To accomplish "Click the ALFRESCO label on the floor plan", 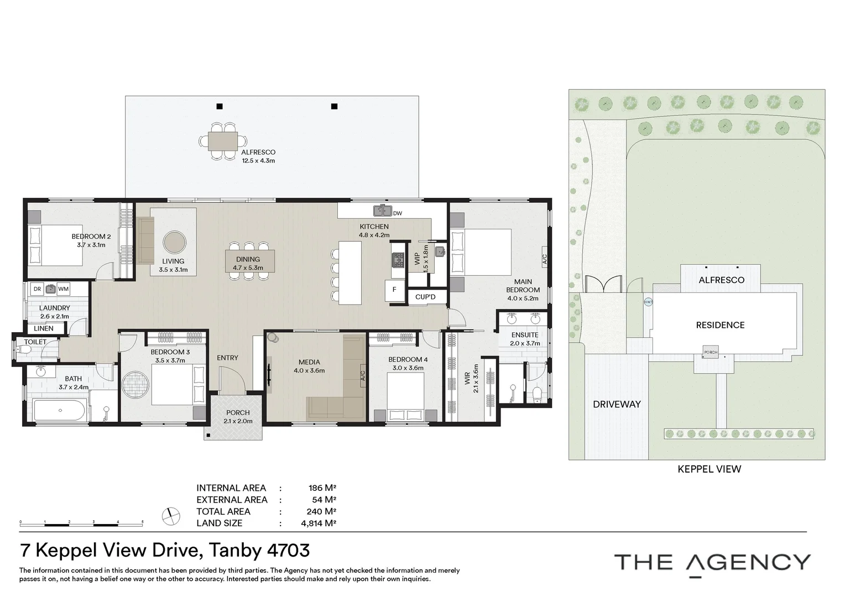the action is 258,153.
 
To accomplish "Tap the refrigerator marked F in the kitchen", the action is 395,290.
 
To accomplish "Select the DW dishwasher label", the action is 398,213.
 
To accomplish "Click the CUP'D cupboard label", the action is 425,297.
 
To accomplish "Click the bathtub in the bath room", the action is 60,410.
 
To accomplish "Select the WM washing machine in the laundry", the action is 64,289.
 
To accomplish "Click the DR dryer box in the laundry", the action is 37,289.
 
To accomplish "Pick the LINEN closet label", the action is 44,328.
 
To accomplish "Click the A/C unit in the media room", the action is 363,376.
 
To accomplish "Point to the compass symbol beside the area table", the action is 171,516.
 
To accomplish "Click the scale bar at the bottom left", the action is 81,525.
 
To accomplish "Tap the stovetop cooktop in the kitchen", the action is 399,260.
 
